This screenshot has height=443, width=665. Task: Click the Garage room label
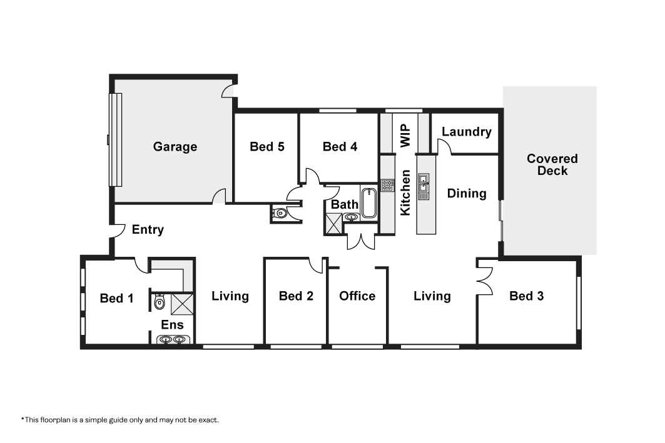(175, 147)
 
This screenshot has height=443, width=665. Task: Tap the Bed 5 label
(267, 147)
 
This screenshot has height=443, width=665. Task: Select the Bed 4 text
(340, 147)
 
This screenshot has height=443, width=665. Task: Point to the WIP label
(405, 136)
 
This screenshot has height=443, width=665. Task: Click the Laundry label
(467, 132)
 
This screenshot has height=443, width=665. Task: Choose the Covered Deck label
(552, 165)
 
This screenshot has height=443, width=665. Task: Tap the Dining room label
(467, 194)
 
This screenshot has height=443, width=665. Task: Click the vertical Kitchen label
(405, 192)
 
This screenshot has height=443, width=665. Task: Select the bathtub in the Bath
(369, 203)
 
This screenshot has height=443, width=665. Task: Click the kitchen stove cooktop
(387, 185)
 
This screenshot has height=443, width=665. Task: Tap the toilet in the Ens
(158, 302)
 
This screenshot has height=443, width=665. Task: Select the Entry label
(148, 229)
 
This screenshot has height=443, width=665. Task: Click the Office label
(357, 296)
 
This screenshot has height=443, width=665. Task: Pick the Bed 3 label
(526, 296)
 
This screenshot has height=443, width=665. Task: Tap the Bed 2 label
(296, 296)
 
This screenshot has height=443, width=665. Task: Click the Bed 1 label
(116, 298)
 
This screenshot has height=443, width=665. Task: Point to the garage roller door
(115, 140)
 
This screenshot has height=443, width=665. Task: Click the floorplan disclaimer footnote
(120, 420)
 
